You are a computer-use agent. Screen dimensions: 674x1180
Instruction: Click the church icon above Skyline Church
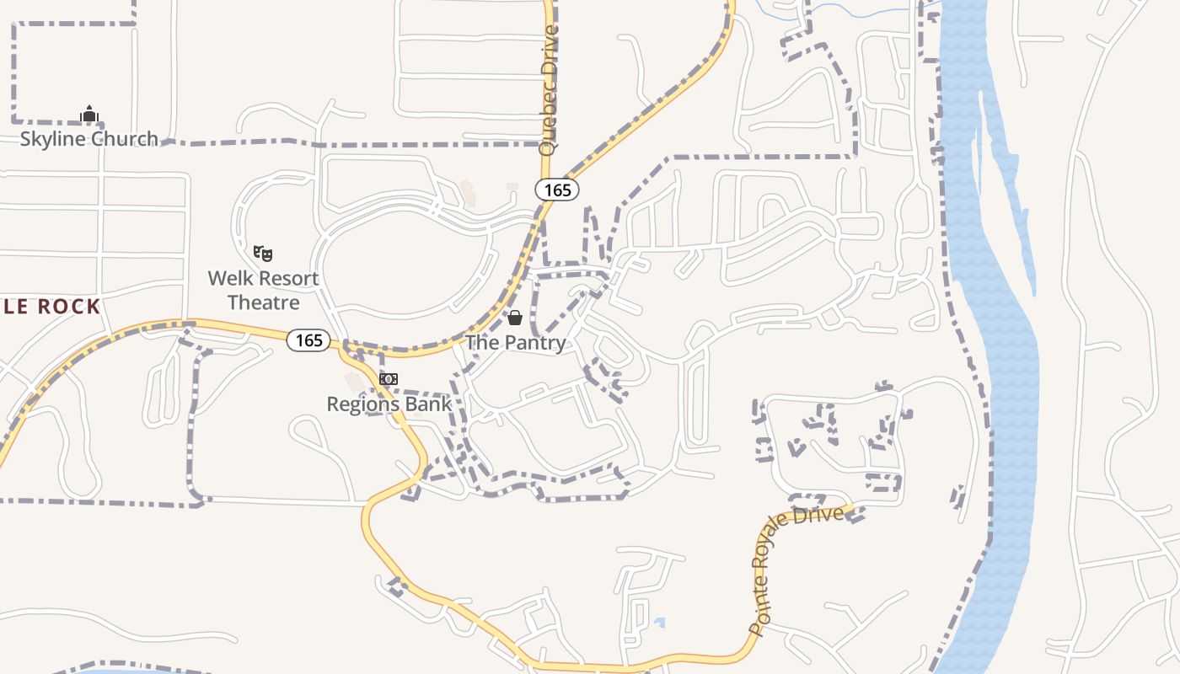tap(89, 114)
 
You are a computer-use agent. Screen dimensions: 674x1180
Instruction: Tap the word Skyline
tap(53, 139)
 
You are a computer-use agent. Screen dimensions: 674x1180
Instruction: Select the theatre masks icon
tap(263, 253)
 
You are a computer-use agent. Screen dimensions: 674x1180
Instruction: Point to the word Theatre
tap(264, 302)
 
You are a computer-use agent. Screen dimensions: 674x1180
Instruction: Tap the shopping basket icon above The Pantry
tap(515, 318)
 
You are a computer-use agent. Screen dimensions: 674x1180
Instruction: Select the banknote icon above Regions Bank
tap(388, 379)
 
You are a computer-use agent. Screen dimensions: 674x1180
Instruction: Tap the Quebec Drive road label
tap(549, 90)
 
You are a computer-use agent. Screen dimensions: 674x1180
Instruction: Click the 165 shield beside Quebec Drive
tap(557, 190)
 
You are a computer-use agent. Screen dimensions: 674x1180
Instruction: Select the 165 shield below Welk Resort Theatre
tap(308, 340)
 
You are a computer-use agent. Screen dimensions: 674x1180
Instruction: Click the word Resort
tap(287, 279)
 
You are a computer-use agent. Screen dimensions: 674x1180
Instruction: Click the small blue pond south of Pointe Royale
tap(659, 623)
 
